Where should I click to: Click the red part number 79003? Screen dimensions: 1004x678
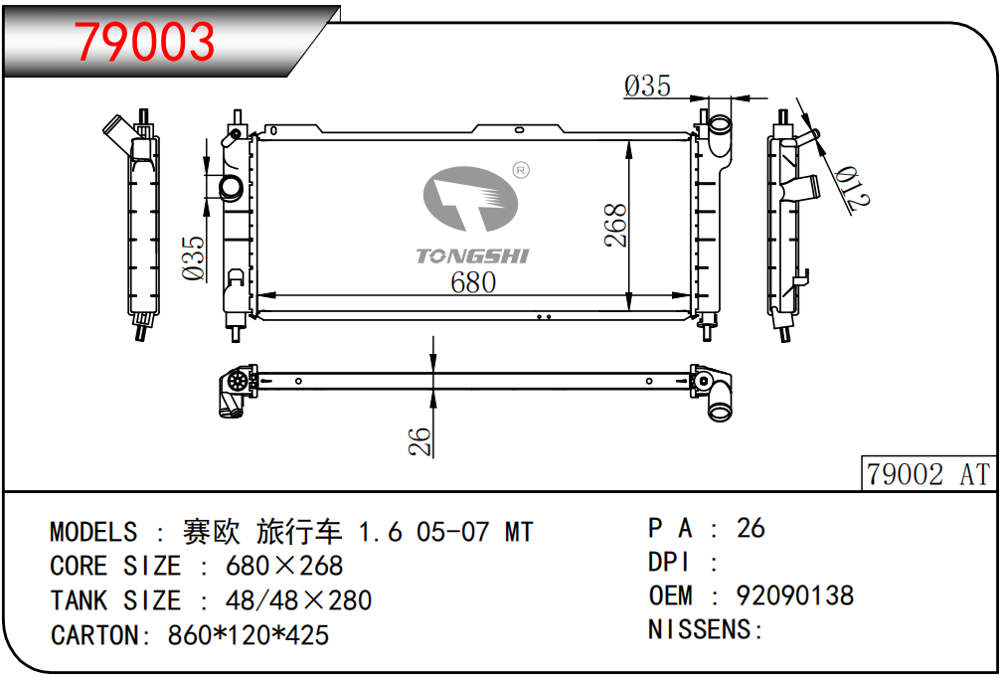[144, 41]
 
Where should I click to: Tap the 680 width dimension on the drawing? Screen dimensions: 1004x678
[473, 282]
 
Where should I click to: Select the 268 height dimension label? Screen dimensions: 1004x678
[615, 226]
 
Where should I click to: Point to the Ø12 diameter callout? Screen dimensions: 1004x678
[852, 188]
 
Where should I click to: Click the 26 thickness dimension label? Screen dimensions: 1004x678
[420, 441]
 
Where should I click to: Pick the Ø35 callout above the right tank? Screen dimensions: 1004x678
[647, 85]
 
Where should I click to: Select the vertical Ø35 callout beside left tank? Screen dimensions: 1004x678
[194, 258]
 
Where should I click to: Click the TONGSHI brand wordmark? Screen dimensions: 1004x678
[472, 256]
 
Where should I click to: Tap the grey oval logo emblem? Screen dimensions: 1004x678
[470, 199]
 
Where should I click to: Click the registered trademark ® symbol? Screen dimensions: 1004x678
[521, 170]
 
